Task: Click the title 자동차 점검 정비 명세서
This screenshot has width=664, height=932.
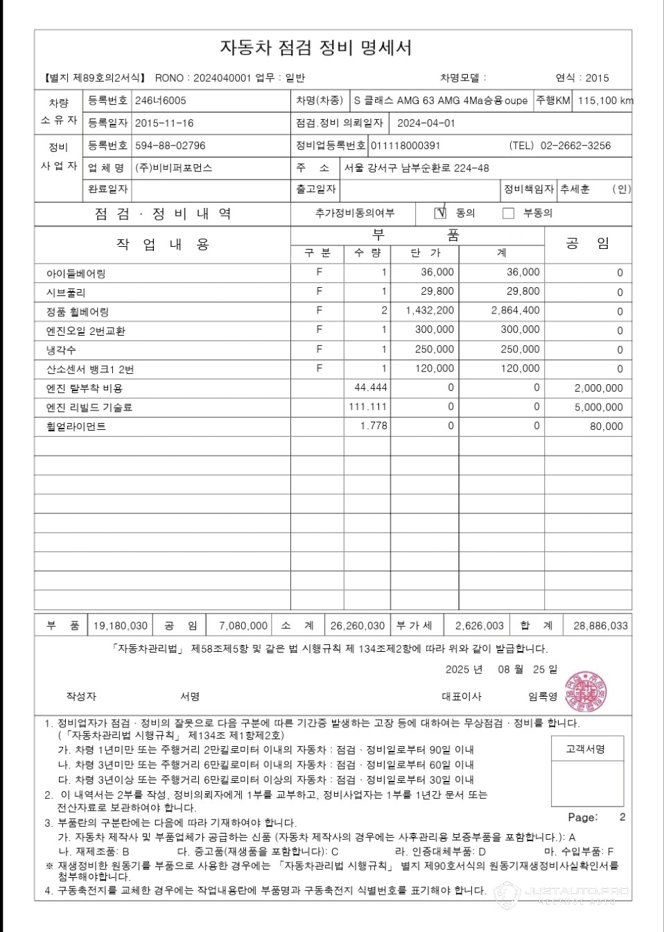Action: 315,48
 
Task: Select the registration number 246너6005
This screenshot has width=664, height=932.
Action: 160,101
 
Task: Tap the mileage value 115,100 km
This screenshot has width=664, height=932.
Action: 605,101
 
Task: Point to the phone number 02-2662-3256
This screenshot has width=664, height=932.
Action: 575,146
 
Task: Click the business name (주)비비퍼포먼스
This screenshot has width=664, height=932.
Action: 173,168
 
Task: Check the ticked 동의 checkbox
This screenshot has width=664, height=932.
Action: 440,213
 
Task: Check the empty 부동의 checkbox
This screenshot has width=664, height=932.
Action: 508,213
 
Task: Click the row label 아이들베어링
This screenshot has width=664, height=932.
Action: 76,273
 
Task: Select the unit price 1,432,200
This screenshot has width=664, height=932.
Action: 430,311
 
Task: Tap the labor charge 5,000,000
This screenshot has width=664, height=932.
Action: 599,407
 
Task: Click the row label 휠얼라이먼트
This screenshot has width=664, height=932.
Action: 76,426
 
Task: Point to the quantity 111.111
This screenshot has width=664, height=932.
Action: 368,407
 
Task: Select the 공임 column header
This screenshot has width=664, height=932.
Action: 588,243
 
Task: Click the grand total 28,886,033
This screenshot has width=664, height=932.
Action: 600,625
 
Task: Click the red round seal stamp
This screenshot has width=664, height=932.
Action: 586,691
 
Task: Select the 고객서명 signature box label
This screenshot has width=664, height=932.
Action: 586,749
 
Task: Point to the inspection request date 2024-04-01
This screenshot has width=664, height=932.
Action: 426,123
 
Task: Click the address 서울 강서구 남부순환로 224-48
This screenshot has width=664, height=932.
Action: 417,168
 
